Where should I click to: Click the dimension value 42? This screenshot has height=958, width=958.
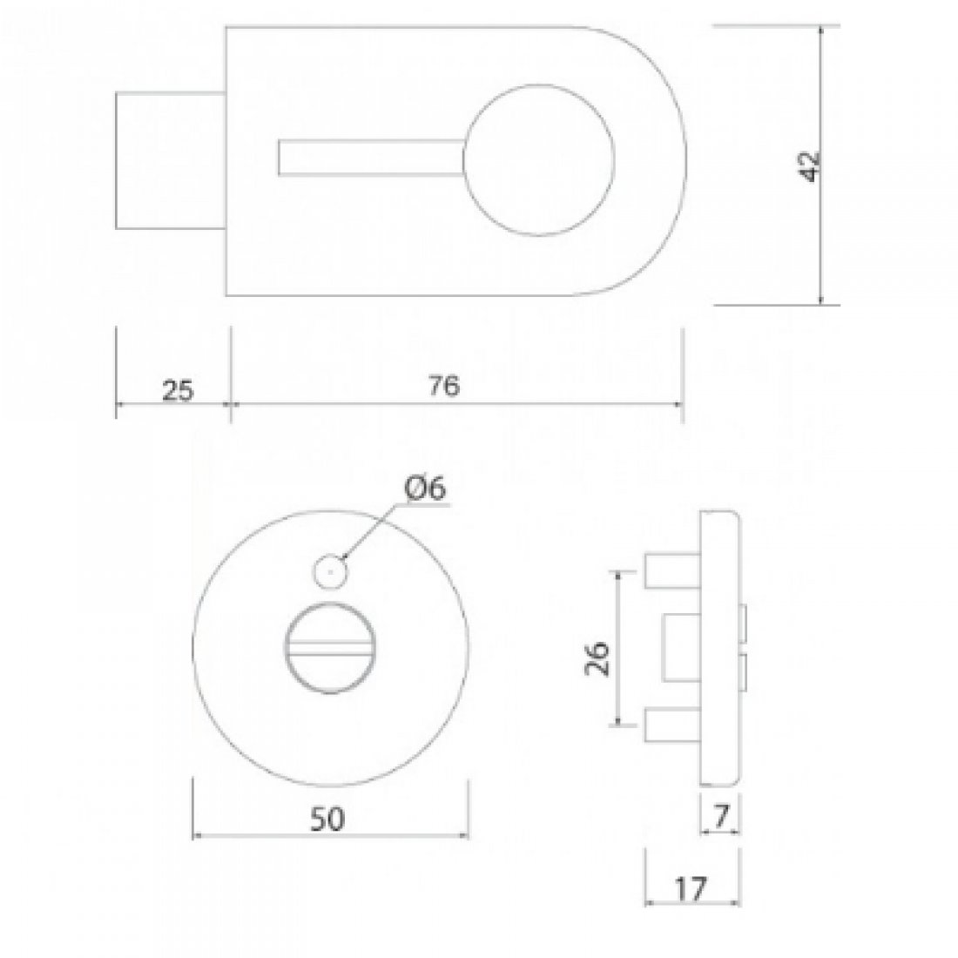click(811, 165)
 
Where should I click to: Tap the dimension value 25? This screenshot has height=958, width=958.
click(177, 389)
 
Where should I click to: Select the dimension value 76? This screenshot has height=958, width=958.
click(443, 388)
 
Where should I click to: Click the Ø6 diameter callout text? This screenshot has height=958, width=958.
click(424, 489)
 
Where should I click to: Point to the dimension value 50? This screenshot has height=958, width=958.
click(330, 818)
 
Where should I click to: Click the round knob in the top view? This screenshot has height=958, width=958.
click(539, 160)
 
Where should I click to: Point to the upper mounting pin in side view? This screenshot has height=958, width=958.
click(671, 570)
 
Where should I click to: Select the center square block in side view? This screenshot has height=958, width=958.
click(682, 647)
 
